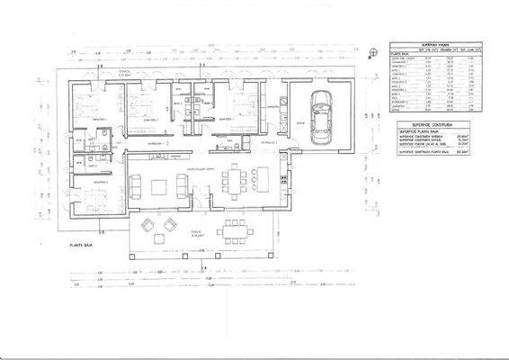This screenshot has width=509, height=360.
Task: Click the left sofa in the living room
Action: [138, 187]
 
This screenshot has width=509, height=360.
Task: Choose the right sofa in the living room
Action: [183, 186]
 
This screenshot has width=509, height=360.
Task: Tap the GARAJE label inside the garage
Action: [301, 125]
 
